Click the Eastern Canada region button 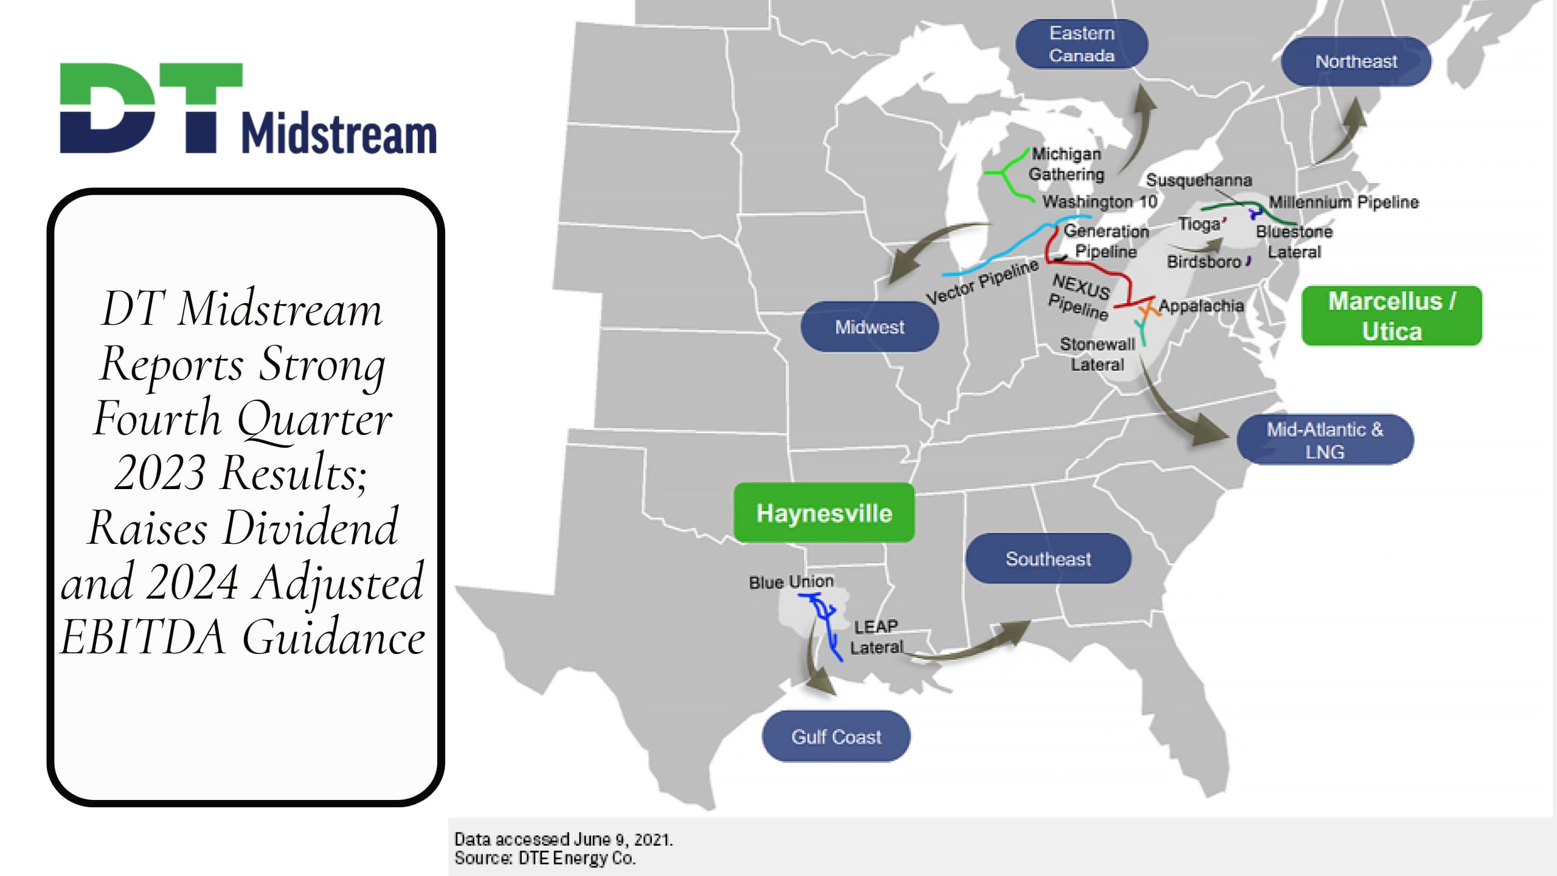1081,44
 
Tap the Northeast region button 1356,61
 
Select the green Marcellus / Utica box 1392,316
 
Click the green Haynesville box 824,513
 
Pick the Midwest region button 869,327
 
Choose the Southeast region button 1048,558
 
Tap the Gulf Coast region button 836,737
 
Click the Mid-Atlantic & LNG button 1325,440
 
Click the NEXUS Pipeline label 1080,296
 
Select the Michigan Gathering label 1066,164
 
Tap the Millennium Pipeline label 1343,202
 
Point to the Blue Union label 791,582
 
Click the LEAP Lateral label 876,637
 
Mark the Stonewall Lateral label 1097,354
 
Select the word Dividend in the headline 310,527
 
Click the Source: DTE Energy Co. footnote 544,858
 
